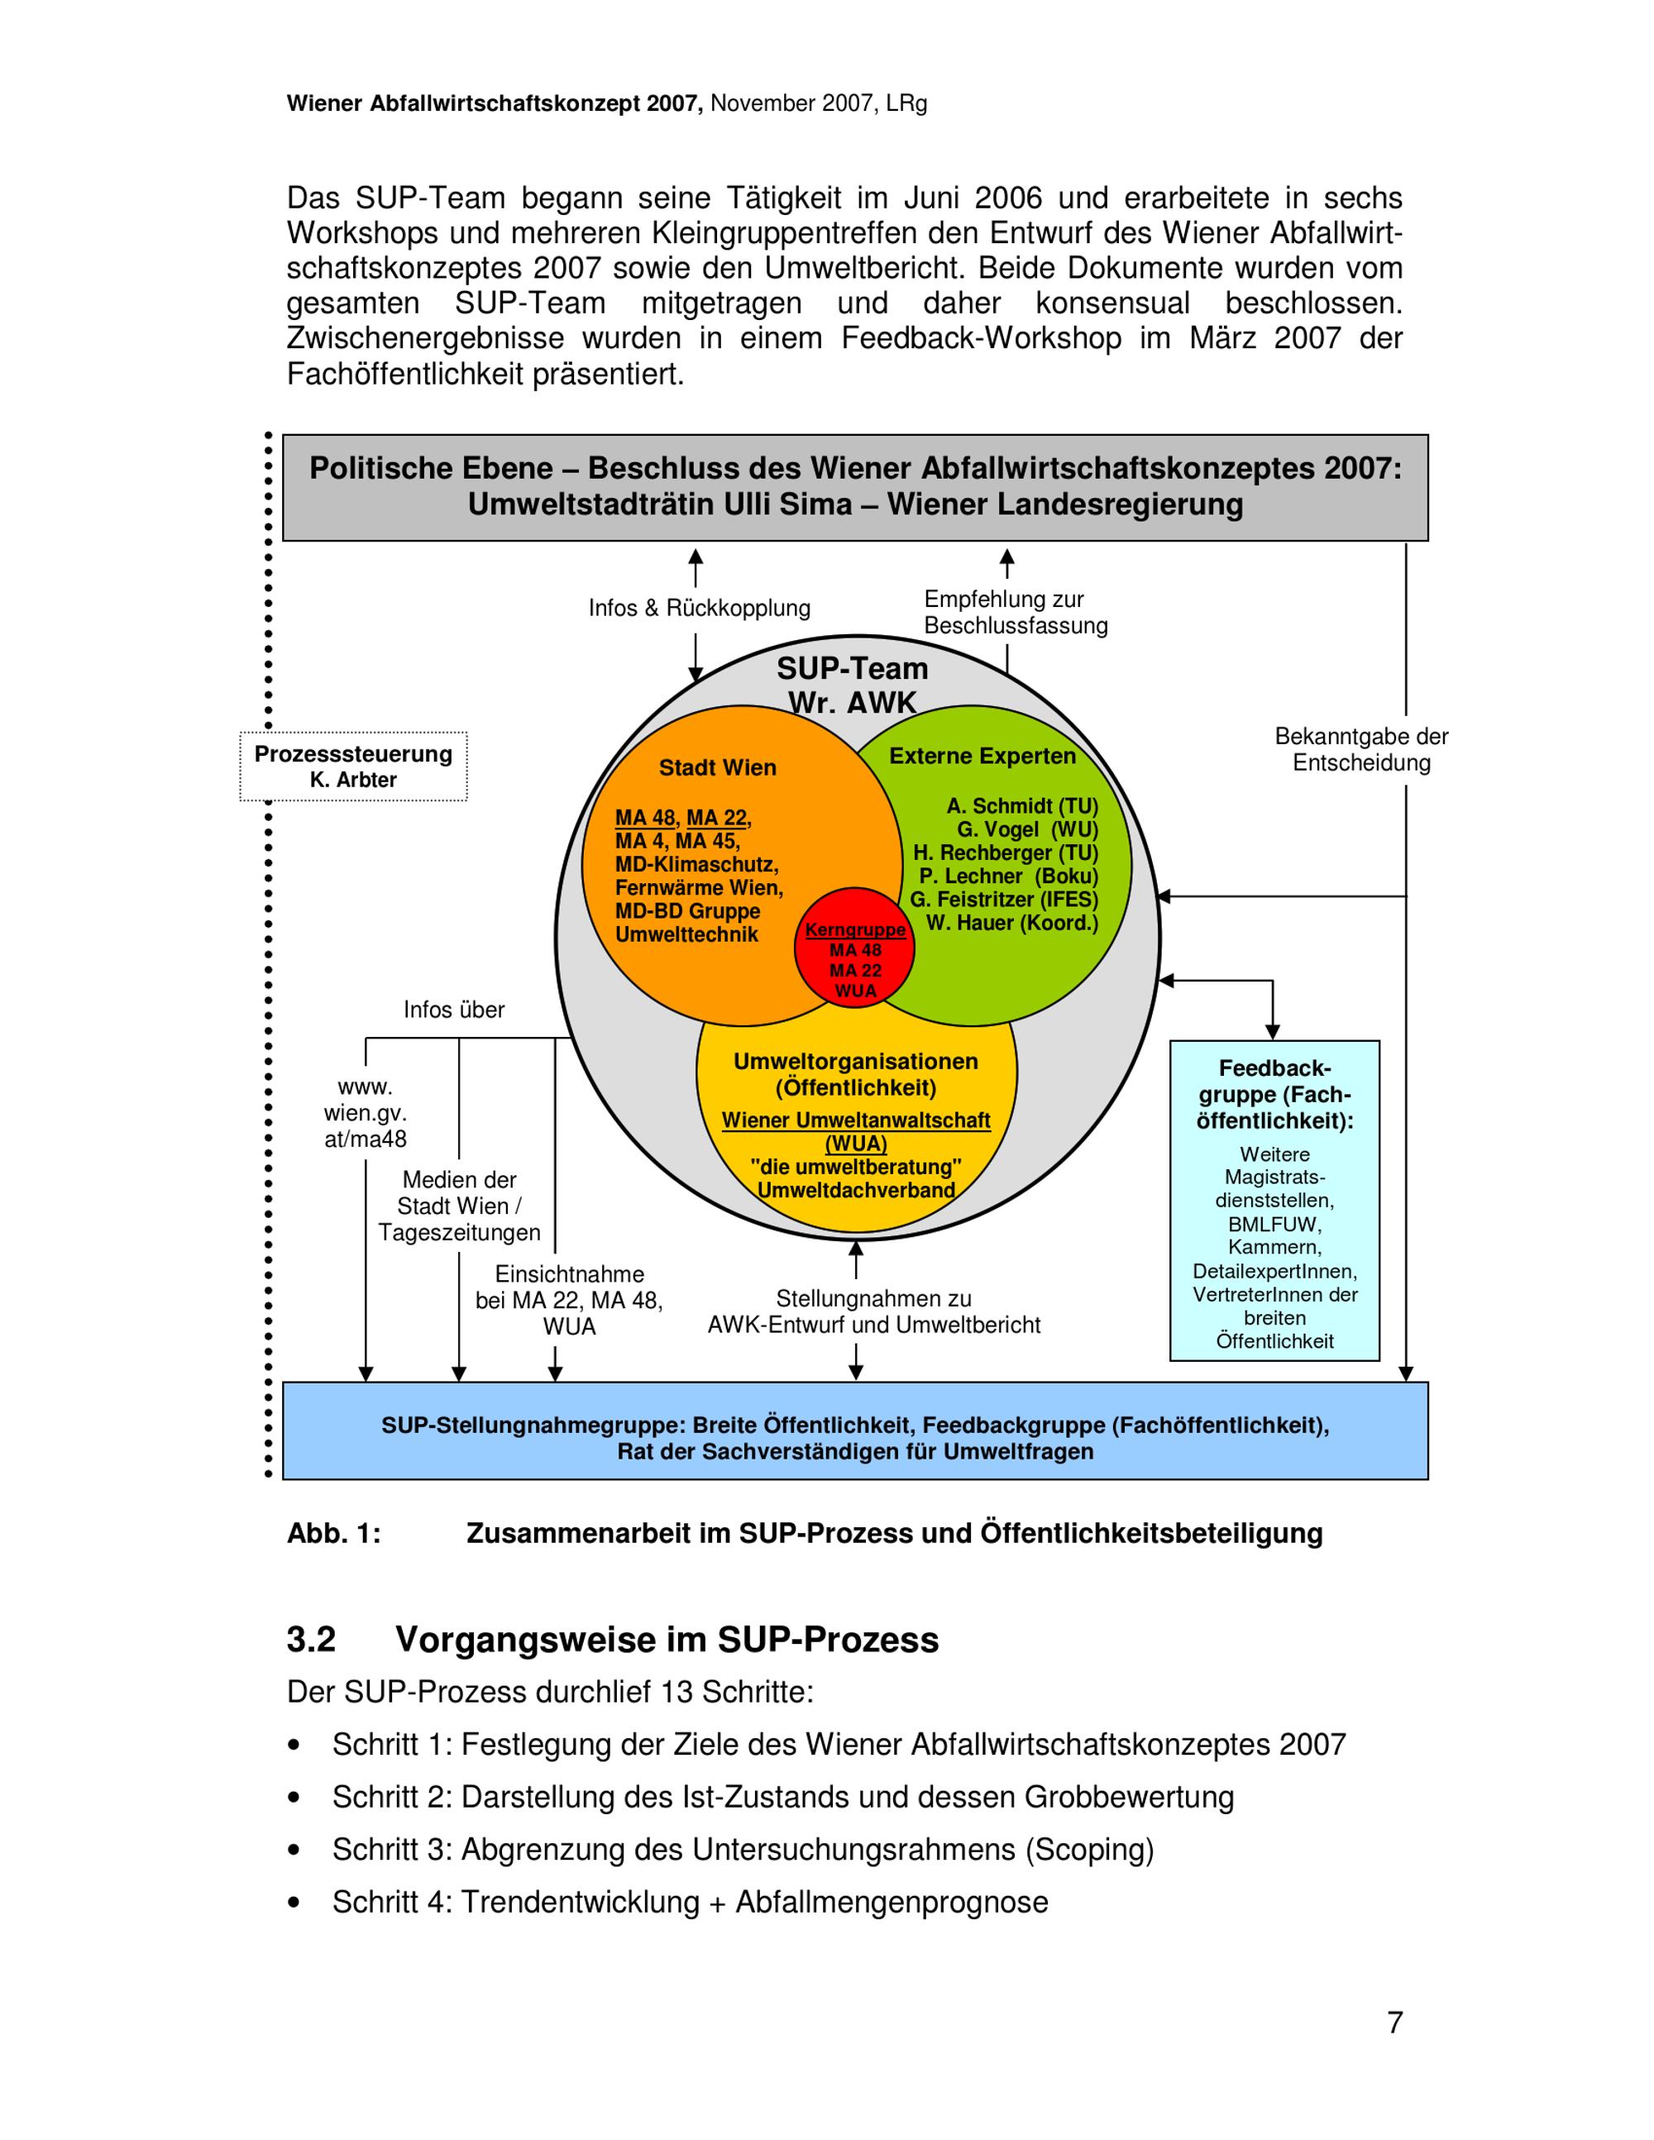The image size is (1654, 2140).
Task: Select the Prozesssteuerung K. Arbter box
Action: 353,767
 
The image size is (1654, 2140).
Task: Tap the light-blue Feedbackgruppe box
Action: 1274,1201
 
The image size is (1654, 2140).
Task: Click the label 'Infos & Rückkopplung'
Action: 699,608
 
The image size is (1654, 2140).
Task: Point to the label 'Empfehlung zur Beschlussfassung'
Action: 1015,613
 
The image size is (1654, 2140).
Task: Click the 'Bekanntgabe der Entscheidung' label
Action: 1361,750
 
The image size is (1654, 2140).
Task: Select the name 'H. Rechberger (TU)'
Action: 1006,853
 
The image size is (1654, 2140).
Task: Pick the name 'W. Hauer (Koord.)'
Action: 1012,922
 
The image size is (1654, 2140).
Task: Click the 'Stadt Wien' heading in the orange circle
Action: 717,767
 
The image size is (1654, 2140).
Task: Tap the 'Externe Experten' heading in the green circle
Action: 982,756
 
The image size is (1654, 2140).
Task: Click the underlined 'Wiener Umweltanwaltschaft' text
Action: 855,1120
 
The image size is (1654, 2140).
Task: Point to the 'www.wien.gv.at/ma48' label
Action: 365,1113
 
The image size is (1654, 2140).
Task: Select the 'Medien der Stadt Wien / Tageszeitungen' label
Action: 459,1206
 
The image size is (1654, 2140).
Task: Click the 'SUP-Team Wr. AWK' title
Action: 852,685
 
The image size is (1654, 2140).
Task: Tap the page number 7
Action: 1394,2022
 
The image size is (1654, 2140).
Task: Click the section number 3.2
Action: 311,1639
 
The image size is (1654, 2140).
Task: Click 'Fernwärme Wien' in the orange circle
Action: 699,888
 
